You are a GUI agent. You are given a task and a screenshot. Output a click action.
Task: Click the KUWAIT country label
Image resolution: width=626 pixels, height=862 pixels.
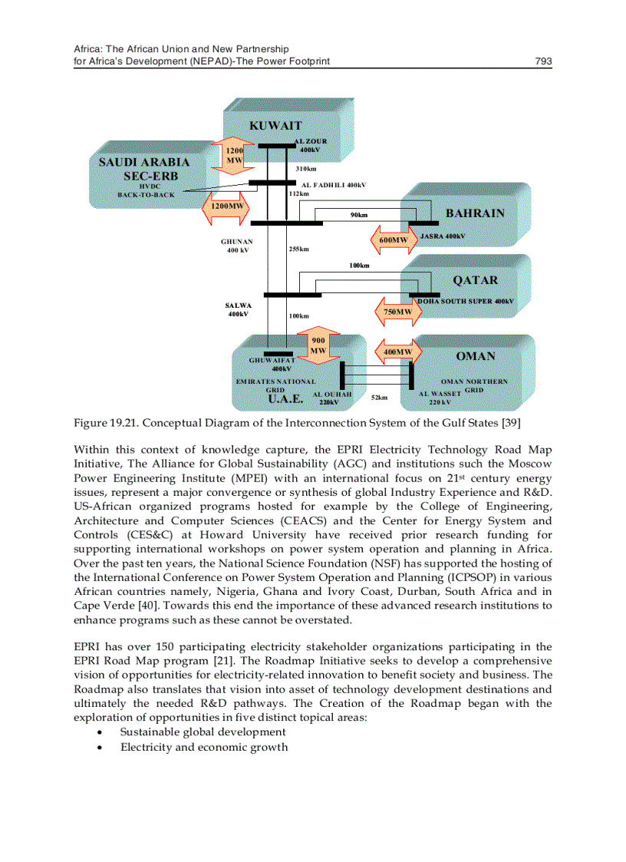tap(275, 125)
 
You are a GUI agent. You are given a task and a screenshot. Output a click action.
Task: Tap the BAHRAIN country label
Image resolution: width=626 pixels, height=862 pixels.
tap(475, 213)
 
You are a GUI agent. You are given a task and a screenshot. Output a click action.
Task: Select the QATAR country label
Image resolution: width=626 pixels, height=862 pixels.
tap(475, 280)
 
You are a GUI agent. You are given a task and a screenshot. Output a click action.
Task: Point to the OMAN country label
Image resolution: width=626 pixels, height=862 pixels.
tap(476, 356)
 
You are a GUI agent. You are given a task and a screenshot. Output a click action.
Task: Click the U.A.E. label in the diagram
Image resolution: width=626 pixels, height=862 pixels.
tap(285, 399)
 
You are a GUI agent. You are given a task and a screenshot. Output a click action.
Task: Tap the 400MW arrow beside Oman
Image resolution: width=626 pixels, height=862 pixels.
tap(397, 352)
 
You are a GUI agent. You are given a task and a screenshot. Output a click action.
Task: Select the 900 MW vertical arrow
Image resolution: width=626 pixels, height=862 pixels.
tap(318, 345)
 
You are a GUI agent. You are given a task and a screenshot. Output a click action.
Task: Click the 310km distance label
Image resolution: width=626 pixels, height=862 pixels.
tap(306, 168)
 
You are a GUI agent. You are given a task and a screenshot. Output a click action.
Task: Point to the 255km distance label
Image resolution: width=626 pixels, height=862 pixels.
tap(298, 249)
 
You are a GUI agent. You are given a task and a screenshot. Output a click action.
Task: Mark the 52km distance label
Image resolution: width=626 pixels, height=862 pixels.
tap(379, 398)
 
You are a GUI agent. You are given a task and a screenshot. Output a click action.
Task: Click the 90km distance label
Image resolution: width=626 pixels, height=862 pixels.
tap(358, 215)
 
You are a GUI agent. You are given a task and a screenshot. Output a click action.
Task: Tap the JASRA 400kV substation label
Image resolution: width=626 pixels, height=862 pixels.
tap(443, 236)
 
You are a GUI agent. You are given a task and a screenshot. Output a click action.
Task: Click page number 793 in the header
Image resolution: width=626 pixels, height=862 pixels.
tap(543, 61)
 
